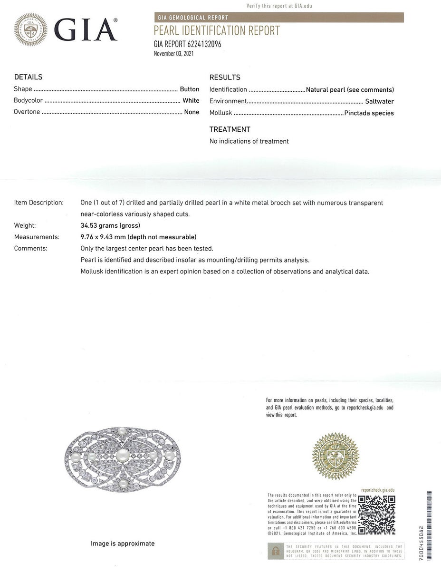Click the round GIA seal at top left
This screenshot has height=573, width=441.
point(31,29)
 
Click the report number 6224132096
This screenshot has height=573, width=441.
point(204,44)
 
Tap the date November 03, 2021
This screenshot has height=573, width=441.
point(174,54)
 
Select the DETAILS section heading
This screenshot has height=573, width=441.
point(28,77)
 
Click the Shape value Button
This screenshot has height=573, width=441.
point(189,89)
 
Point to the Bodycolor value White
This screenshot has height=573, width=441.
point(191,100)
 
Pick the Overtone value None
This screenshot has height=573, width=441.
point(192,112)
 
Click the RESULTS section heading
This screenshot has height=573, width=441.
point(225,78)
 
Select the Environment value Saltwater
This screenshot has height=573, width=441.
point(379,101)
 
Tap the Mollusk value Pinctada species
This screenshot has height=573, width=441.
point(369,113)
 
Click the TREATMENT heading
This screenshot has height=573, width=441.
point(230,129)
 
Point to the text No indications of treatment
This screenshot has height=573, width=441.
point(249,141)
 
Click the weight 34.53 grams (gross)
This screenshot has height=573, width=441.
point(110,225)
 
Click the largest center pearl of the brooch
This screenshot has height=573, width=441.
point(123,456)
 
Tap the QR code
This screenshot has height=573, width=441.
point(376,515)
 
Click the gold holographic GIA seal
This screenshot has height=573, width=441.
point(336,456)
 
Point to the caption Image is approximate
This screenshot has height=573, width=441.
point(123,544)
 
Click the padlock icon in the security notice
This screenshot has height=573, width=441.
point(275,551)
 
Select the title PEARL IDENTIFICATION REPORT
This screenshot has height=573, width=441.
point(217,31)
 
